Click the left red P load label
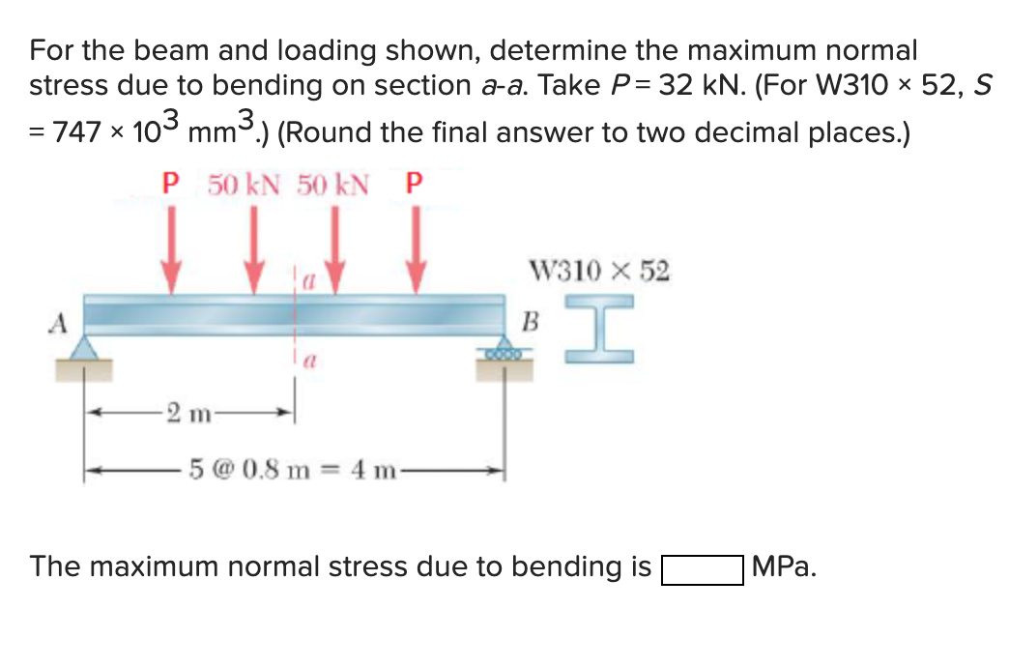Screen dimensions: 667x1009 [x=171, y=185]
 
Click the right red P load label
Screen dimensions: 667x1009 [x=416, y=185]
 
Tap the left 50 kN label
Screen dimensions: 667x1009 [x=243, y=185]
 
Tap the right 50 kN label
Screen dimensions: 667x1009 [x=332, y=185]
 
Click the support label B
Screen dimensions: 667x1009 [x=529, y=320]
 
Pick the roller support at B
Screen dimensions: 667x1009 [x=503, y=349]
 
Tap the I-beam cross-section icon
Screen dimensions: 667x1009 [x=599, y=330]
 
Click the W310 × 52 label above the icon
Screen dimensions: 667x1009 [x=599, y=270]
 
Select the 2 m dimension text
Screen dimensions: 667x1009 [x=184, y=415]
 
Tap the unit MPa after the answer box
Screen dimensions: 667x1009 [x=783, y=567]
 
